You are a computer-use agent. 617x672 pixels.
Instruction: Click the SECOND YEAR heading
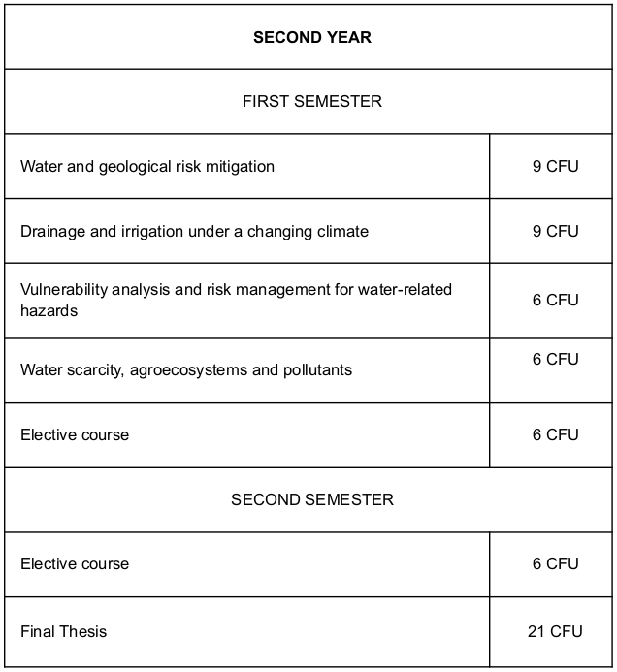[311, 38]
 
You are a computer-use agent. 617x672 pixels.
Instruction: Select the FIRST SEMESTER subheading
[311, 101]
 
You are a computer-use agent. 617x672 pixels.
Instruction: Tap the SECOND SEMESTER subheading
[311, 499]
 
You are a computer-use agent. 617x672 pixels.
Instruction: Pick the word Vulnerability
[58, 290]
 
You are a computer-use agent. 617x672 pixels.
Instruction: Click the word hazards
[49, 311]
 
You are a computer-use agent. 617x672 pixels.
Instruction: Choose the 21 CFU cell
[555, 632]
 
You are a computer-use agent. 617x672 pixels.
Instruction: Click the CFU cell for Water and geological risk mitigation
[555, 167]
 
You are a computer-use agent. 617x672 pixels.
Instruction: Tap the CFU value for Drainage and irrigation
[555, 232]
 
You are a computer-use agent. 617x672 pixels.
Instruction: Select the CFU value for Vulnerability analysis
[555, 301]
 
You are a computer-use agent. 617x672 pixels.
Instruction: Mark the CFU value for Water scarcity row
[555, 360]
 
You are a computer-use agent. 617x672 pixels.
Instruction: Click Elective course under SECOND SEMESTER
[75, 564]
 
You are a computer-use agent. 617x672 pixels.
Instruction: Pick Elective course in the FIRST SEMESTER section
[75, 435]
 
